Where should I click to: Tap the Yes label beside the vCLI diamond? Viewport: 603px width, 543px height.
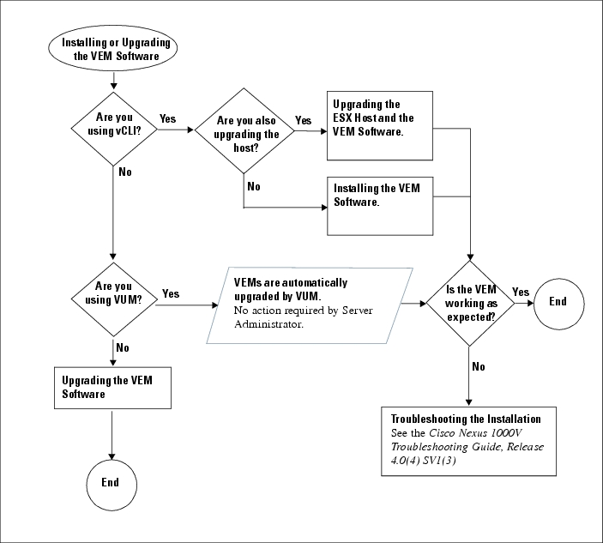click(167, 119)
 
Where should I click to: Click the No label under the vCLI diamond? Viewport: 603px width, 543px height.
click(125, 172)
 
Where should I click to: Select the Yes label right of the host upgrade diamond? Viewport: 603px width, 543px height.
click(303, 121)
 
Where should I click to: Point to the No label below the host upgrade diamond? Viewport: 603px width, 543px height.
click(254, 186)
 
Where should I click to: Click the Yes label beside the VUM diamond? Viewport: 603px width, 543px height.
click(171, 294)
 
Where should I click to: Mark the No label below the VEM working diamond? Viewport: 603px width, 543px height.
click(479, 366)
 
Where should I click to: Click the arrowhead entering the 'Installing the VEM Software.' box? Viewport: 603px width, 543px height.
click(324, 208)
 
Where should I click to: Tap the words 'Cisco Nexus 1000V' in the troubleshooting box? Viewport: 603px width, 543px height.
click(475, 433)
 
